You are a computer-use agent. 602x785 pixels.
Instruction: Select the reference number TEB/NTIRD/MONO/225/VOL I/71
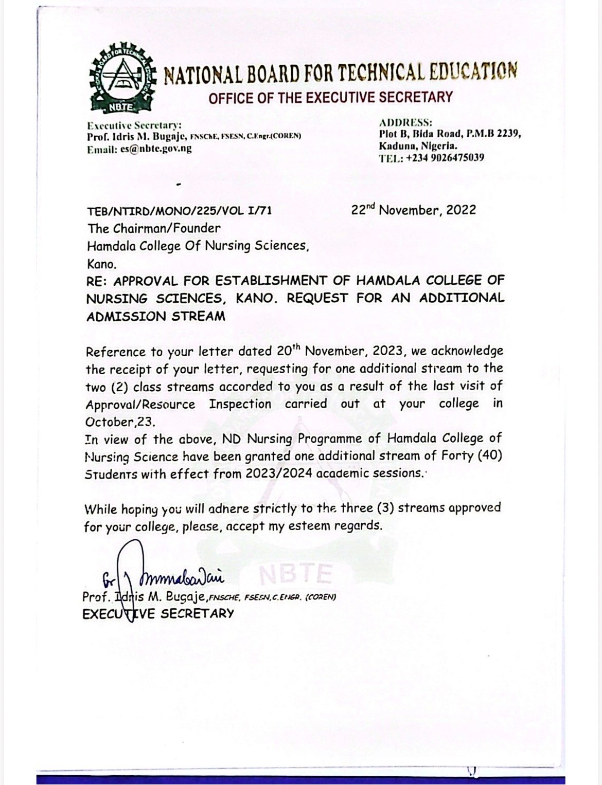click(x=179, y=211)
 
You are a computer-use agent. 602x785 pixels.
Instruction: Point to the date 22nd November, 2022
click(x=414, y=210)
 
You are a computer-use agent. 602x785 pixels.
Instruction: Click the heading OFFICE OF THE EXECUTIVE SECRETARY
click(x=330, y=98)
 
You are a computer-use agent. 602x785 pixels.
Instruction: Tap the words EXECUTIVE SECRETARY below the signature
click(x=158, y=613)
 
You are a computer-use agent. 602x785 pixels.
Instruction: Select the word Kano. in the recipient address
click(x=101, y=265)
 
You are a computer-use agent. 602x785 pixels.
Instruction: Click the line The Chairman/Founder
click(x=153, y=228)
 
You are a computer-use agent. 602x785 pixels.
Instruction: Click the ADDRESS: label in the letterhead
click(x=405, y=123)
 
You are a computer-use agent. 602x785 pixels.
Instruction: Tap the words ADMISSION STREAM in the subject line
click(x=155, y=316)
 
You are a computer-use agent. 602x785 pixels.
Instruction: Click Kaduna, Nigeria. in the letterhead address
click(x=417, y=146)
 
